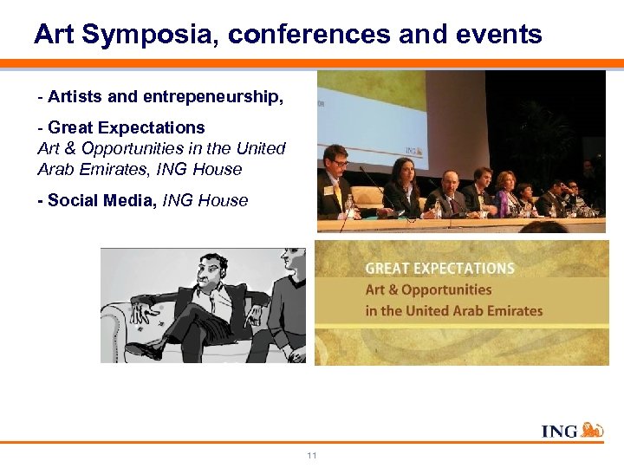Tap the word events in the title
pos(498,35)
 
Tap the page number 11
pos(312,455)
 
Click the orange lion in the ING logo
pos(593,430)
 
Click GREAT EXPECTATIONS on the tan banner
pos(439,269)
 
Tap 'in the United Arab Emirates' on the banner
pos(453,310)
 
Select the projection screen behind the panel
pos(373,104)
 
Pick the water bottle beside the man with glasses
pos(349,206)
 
